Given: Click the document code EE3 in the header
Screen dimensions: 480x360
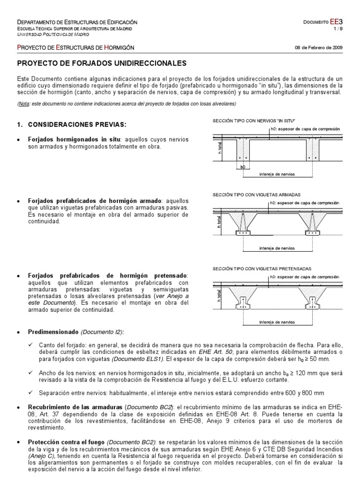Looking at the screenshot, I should [337, 22].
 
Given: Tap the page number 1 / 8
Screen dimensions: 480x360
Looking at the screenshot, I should [339, 29].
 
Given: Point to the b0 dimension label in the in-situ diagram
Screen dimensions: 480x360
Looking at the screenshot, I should [242, 166].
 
